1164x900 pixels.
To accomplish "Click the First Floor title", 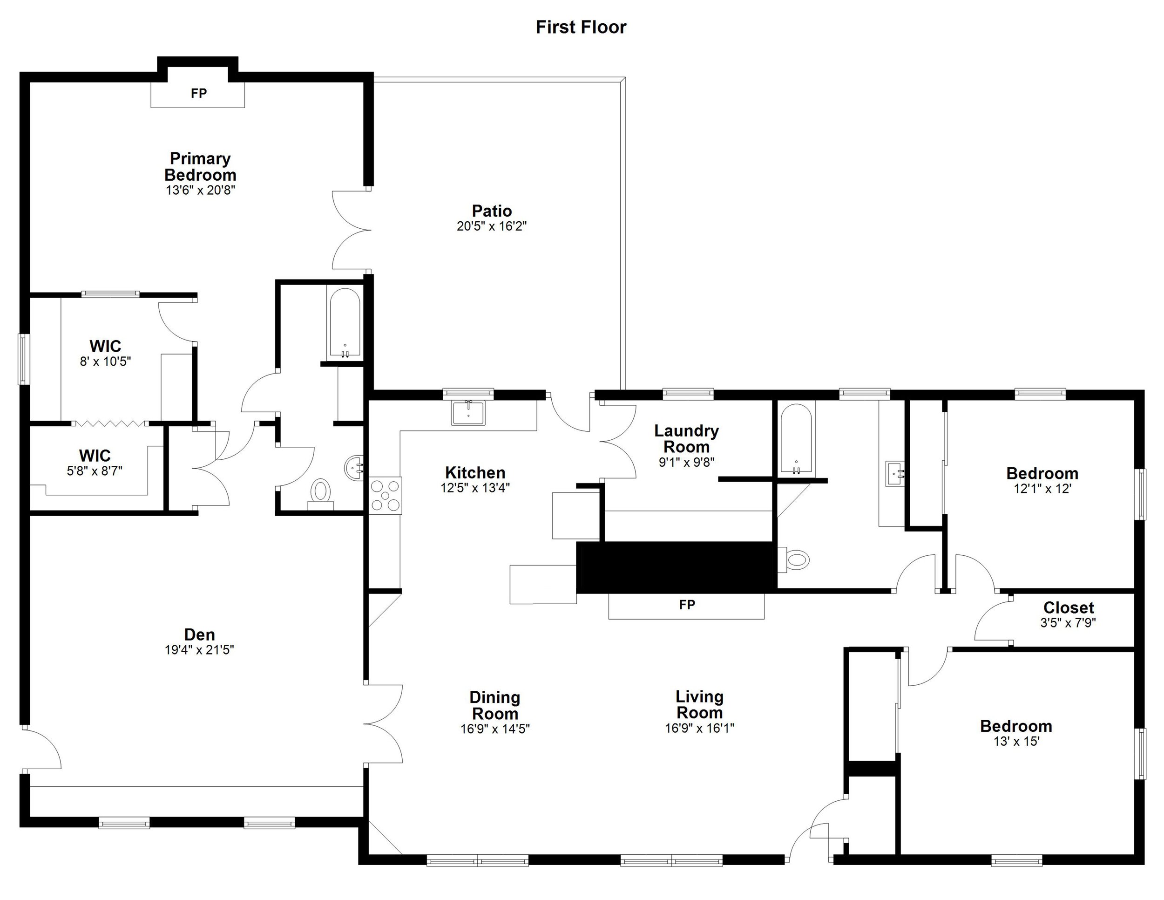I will coord(581,27).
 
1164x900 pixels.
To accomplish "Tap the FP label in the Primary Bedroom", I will coord(198,93).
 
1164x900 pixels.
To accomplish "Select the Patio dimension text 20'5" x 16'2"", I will coord(491,226).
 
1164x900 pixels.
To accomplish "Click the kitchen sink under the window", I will coord(468,413).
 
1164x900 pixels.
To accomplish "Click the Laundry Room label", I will coord(686,438).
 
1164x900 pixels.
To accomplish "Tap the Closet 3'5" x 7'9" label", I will coord(1068,614).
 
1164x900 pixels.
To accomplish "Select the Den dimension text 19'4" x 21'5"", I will coord(199,649).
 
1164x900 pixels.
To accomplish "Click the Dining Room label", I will coord(494,705).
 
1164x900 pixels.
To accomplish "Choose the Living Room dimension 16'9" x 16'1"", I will coord(699,728).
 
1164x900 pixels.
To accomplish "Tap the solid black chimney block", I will coord(675,567).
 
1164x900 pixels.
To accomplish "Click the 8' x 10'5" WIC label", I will coord(105,353).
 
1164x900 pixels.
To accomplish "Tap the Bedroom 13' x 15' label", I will coord(1016,733).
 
